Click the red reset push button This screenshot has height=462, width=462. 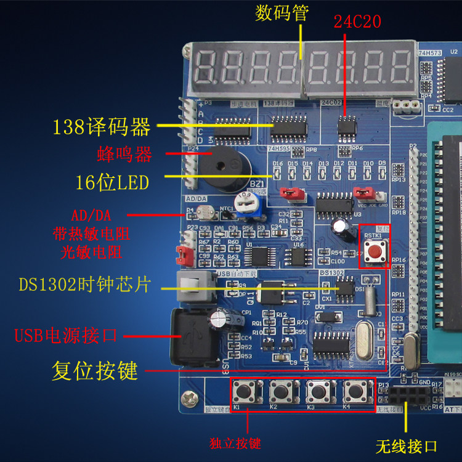[x=374, y=250]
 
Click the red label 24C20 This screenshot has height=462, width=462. [x=357, y=22]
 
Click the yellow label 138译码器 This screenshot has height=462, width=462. [x=102, y=128]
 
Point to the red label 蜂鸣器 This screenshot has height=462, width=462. [x=124, y=154]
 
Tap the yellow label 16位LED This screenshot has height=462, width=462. [x=112, y=182]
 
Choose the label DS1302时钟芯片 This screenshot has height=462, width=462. [x=84, y=285]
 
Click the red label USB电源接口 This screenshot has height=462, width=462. [x=66, y=336]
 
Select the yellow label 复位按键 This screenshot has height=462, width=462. [x=94, y=371]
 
